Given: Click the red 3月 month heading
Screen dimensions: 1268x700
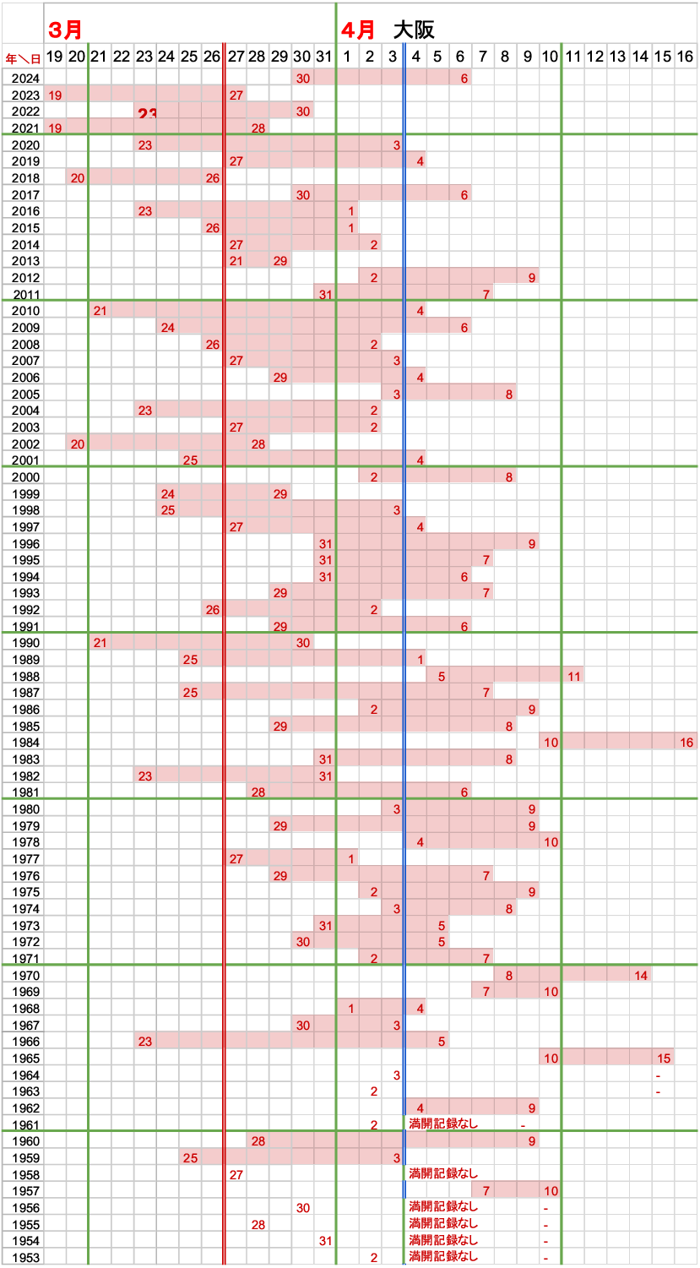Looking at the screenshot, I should click(66, 30).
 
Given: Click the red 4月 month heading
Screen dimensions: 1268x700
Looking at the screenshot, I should click(358, 30).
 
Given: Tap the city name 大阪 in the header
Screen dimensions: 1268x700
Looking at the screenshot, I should click(414, 30).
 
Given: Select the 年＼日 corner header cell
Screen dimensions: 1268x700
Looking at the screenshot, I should click(22, 57).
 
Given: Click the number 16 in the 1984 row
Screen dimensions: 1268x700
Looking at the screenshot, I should click(686, 743).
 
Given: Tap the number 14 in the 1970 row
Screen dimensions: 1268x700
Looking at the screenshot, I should click(640, 976).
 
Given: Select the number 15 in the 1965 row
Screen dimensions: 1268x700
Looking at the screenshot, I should click(663, 1058).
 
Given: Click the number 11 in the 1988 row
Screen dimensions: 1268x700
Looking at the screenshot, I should click(573, 676).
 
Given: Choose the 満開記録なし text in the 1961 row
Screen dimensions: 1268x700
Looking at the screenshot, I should click(443, 1124).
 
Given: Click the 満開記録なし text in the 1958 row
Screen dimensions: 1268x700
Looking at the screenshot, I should click(443, 1174).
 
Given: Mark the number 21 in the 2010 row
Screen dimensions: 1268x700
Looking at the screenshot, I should click(100, 311).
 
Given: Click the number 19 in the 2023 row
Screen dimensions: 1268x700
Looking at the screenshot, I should click(55, 95).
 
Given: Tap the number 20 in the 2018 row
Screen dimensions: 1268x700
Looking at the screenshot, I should click(77, 177).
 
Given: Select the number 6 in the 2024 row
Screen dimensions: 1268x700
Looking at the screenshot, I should click(464, 78).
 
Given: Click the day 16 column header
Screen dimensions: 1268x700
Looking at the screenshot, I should click(685, 57).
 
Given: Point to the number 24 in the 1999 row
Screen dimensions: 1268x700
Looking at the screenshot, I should click(167, 493).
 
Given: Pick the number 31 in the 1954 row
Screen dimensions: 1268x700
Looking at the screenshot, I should click(325, 1241).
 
